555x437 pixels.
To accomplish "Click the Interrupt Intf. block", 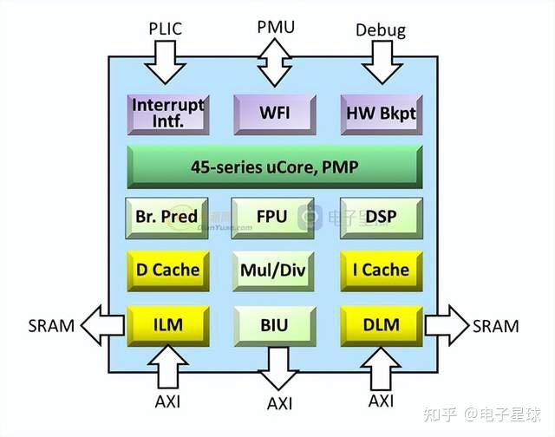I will coord(167,113).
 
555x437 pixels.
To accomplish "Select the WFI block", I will coord(273,114).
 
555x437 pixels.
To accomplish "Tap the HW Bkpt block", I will coord(380,114).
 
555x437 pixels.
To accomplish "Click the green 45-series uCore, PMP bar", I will coord(274,166).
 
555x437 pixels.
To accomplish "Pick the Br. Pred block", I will coord(167,217).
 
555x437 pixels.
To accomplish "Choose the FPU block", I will coord(273,217).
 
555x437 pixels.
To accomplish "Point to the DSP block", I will coord(380,217).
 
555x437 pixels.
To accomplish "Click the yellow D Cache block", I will coord(167,270).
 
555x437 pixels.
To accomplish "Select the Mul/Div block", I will coord(273,270).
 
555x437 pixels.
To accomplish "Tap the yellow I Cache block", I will coord(380,270).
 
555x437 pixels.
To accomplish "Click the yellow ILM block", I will coord(167,325).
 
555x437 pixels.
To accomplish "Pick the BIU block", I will coord(273,325).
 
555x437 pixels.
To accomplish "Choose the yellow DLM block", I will coord(380,325).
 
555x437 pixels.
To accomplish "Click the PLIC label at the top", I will coord(165,28).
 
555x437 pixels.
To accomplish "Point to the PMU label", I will coord(275,27).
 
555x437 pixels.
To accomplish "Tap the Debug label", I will coord(380,30).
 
